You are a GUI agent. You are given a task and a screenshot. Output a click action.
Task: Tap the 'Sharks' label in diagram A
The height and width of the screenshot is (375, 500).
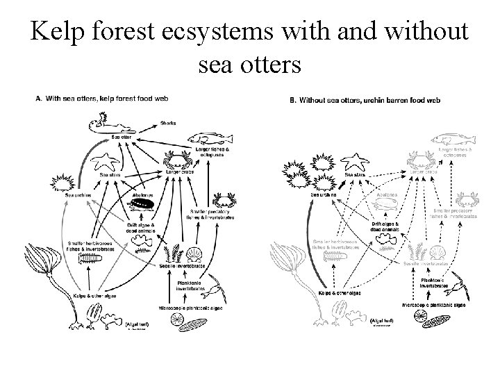pos(169,122)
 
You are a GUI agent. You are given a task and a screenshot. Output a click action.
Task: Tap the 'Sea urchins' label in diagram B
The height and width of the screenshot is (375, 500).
pos(323,195)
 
